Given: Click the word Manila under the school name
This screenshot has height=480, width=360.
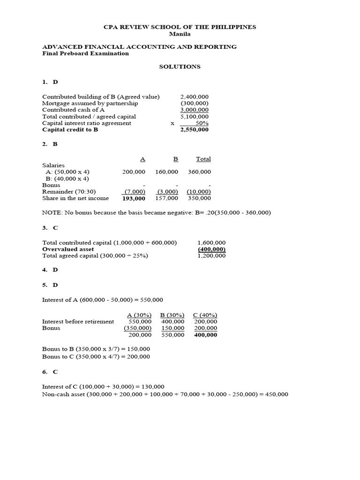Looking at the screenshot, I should point(180,34).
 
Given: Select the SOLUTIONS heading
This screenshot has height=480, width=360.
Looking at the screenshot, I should point(180,67).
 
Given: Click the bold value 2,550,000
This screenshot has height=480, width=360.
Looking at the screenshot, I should point(195,130).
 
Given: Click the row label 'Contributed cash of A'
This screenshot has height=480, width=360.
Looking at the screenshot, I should point(73,110).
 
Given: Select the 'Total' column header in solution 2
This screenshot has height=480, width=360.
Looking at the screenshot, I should point(203,159).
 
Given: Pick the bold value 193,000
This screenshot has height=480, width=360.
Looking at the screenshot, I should point(134,198).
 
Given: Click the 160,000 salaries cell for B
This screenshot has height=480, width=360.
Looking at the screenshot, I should point(166,172).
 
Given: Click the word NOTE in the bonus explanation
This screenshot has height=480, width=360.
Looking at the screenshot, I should point(51,212).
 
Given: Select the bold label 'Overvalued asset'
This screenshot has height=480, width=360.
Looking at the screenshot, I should point(68,249).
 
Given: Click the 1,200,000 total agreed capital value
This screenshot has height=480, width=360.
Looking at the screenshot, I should point(211,256).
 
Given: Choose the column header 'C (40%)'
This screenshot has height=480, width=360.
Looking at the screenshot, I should point(205,315).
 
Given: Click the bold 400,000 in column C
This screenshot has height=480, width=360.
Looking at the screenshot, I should point(206,335).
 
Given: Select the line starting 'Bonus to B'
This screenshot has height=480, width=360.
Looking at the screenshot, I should point(96,349).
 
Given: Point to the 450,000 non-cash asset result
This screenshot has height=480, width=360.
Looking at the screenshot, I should point(276,394).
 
